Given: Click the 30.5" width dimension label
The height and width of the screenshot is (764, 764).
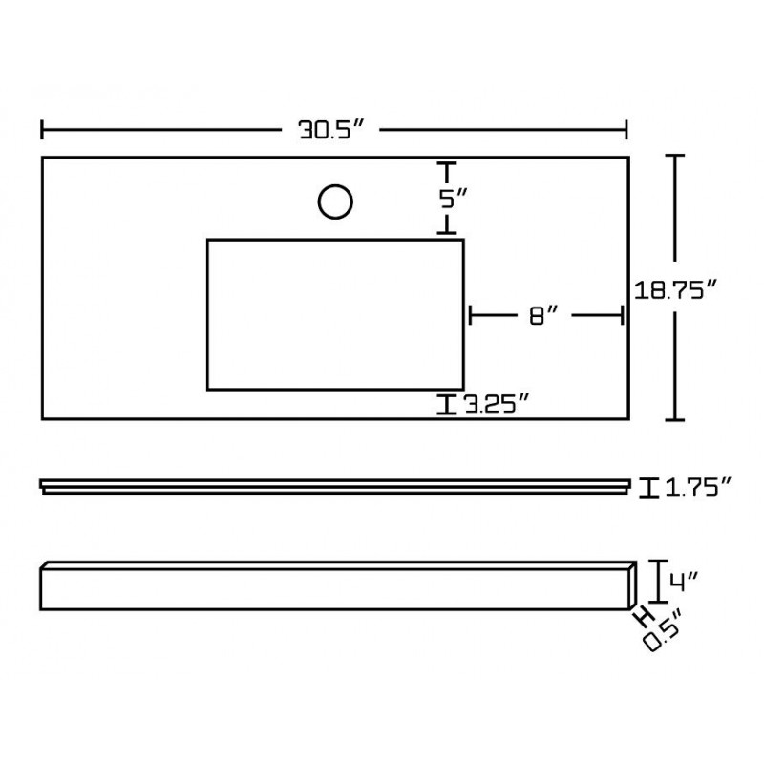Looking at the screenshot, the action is pyautogui.click(x=331, y=130).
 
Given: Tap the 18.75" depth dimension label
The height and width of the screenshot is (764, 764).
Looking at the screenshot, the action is pyautogui.click(x=675, y=291).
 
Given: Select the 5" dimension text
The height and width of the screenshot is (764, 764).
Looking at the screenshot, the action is pyautogui.click(x=453, y=199).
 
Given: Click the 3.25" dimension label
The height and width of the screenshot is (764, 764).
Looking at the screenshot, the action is pyautogui.click(x=496, y=404).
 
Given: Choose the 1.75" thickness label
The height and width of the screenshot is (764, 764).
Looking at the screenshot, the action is pyautogui.click(x=698, y=488).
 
